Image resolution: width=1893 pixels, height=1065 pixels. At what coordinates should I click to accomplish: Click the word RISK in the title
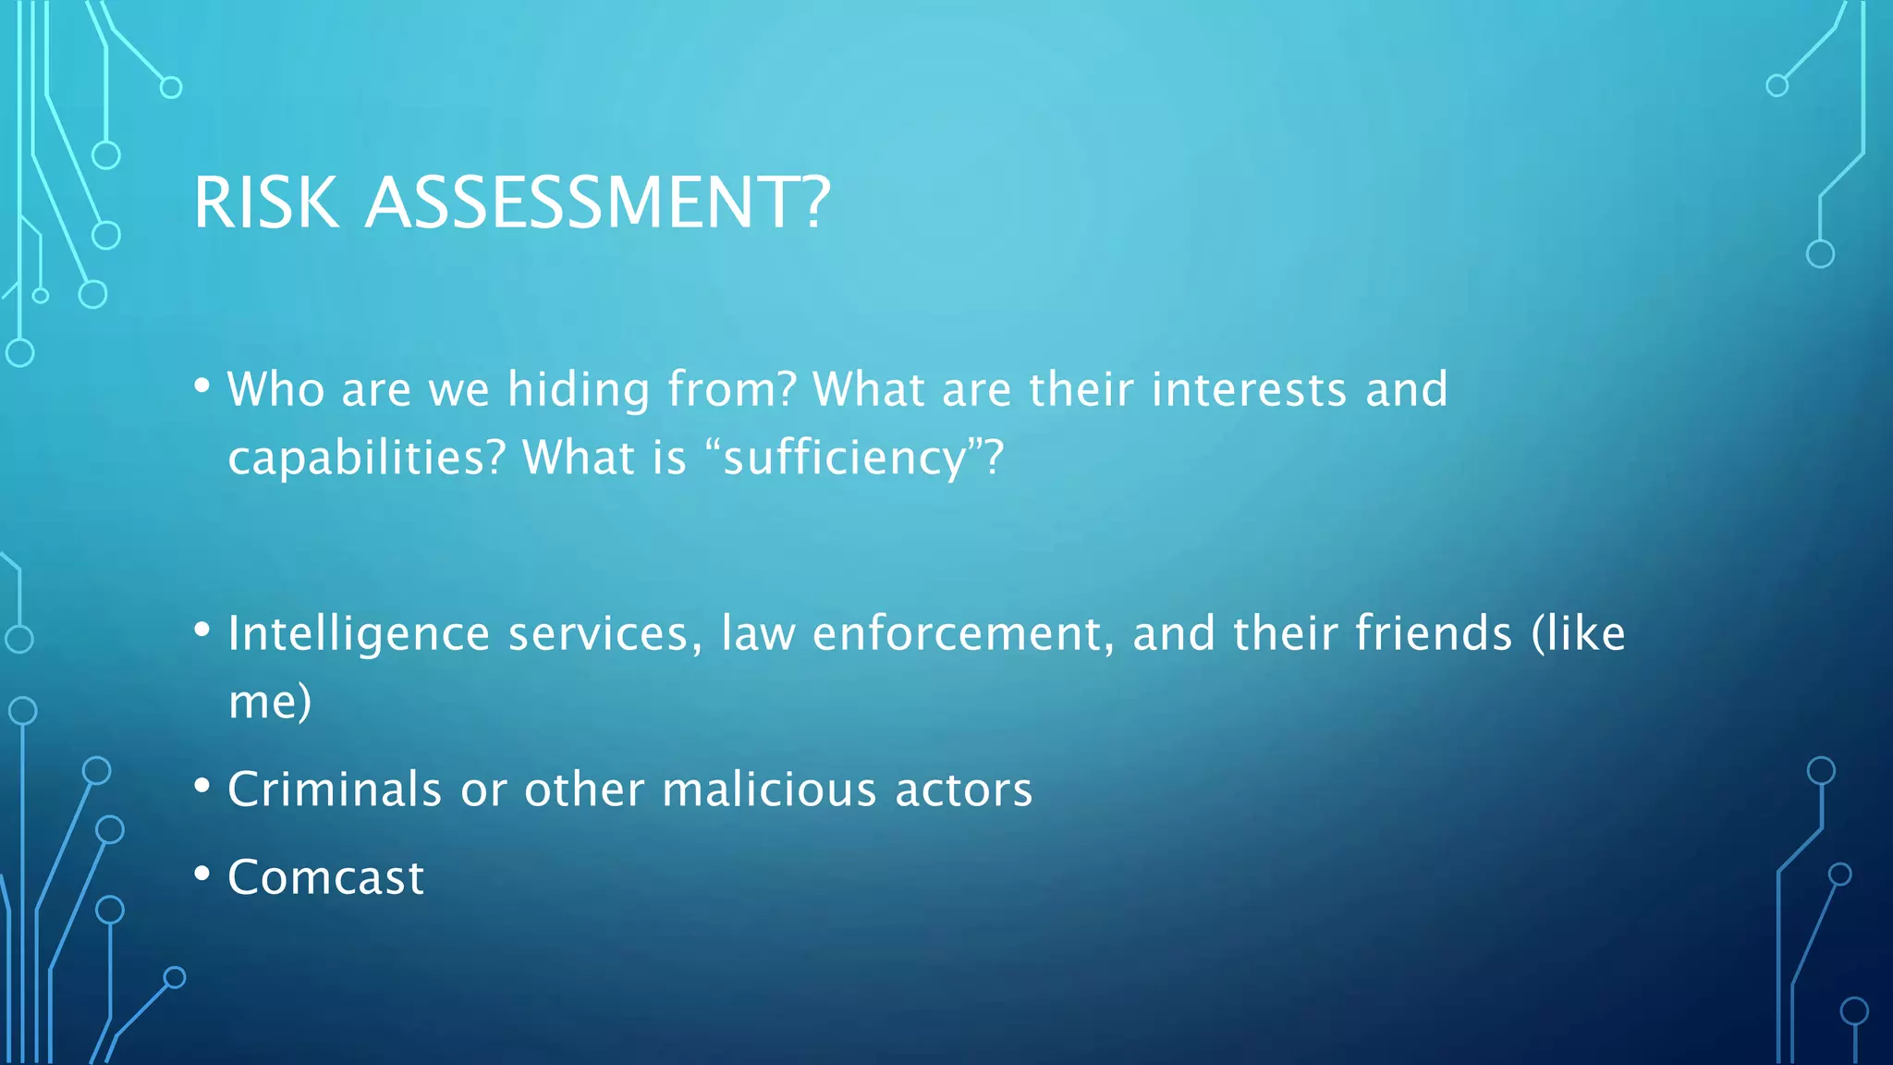(x=266, y=202)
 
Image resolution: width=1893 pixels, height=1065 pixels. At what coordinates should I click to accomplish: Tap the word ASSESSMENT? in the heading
(x=598, y=202)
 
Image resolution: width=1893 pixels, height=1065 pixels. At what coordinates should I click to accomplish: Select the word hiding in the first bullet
(x=579, y=389)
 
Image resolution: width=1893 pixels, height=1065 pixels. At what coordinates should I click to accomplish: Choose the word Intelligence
(x=359, y=634)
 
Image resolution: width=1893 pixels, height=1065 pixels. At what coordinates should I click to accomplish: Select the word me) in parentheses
(x=270, y=702)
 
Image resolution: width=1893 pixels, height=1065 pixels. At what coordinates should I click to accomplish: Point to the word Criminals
(x=335, y=790)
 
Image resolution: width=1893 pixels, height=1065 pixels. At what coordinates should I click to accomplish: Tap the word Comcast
(x=326, y=877)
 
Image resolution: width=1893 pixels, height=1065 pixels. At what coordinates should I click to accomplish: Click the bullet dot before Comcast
(x=202, y=874)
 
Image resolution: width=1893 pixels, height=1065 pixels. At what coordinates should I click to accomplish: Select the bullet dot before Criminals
(x=202, y=787)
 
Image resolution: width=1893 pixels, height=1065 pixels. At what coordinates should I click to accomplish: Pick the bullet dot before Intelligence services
(x=202, y=630)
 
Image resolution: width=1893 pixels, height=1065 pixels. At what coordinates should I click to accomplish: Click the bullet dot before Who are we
(x=202, y=386)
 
